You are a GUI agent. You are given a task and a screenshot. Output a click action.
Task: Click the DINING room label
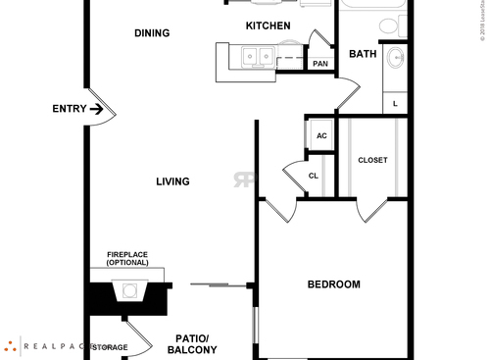click(x=152, y=33)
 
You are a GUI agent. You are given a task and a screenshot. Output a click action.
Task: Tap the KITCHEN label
click(x=268, y=26)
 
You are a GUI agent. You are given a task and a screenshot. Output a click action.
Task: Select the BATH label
click(x=363, y=55)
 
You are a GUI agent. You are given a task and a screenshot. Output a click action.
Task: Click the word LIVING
click(x=171, y=181)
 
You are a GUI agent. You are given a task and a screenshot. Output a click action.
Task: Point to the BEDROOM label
click(x=333, y=285)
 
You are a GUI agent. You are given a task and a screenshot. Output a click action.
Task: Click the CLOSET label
click(x=372, y=160)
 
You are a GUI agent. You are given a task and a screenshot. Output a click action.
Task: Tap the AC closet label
click(x=320, y=135)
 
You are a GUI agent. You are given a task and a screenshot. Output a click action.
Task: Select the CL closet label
click(x=314, y=177)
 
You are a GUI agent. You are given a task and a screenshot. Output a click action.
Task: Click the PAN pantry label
click(x=320, y=64)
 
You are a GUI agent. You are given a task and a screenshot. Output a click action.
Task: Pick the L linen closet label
click(x=395, y=103)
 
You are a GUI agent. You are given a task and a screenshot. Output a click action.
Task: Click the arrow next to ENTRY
click(x=96, y=109)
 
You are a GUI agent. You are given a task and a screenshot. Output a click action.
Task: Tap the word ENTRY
click(x=69, y=109)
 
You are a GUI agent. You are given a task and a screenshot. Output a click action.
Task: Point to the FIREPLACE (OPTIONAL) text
click(x=127, y=258)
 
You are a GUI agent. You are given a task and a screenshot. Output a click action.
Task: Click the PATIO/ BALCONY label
click(x=192, y=343)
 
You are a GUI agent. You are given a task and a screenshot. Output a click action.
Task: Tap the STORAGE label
click(x=110, y=347)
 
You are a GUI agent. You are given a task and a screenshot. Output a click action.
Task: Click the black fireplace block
click(x=129, y=295)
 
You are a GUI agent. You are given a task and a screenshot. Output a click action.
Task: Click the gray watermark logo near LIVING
click(x=244, y=180)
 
